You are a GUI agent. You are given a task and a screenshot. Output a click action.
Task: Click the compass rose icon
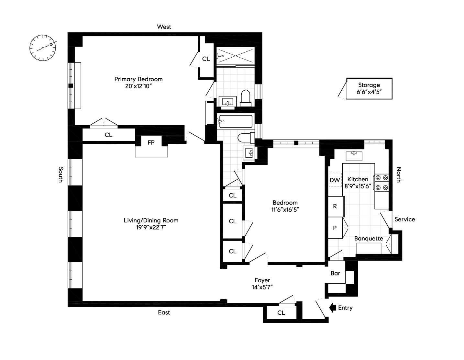[x=43, y=48]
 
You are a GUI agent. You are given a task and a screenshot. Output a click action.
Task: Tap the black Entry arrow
[x=333, y=308]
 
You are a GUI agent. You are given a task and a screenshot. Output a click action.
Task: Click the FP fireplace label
[x=151, y=142]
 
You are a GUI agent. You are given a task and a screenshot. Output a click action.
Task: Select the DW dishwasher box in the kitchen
[x=335, y=180]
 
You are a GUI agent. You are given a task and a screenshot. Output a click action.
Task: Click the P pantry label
[x=335, y=228]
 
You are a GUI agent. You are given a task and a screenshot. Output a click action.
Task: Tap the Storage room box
[x=369, y=88]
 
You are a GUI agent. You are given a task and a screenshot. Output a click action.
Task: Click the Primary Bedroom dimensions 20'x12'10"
[x=138, y=86]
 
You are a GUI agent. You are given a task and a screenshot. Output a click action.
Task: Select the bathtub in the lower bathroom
[x=236, y=121]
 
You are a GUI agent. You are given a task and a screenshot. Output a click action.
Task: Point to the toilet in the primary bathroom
[x=246, y=98]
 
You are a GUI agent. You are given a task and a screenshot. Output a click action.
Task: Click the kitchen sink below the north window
[x=354, y=156]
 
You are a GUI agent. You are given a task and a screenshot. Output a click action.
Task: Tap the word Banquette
[x=369, y=238]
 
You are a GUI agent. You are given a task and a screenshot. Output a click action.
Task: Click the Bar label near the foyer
[x=335, y=273]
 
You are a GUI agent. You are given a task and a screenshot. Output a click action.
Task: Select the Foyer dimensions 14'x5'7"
[x=262, y=287]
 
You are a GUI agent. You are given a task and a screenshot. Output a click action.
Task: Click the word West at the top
[x=164, y=27]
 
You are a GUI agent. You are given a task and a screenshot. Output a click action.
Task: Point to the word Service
[x=405, y=219]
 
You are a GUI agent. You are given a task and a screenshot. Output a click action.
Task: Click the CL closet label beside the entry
[x=281, y=313]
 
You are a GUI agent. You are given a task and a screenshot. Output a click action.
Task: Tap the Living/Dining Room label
[x=151, y=220]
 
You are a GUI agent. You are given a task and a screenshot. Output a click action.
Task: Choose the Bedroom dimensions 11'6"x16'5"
[x=285, y=209]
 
